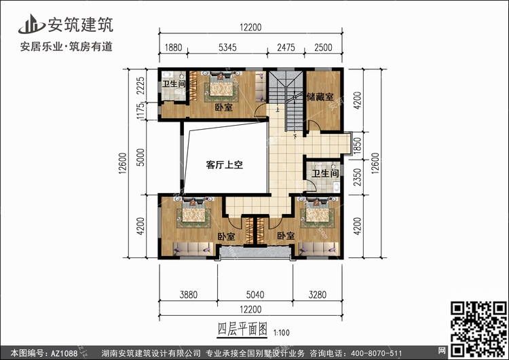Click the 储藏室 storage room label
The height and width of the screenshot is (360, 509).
pos(320,97)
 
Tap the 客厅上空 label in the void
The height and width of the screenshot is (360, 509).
pos(225,165)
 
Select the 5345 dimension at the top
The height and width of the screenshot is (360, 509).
pos(227,48)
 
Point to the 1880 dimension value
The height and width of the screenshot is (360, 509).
pos(173,48)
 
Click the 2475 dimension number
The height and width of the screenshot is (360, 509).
pos(286,48)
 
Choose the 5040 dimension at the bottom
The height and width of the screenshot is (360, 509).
pos(255,295)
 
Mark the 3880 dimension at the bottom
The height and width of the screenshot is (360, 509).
pos(189,295)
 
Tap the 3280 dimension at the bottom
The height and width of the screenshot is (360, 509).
pos(318,295)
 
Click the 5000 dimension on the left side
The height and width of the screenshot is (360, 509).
pos(140,158)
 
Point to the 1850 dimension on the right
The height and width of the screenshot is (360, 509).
pos(357,145)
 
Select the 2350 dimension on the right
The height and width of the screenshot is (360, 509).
pos(357,177)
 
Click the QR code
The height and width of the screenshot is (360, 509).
pos(478,328)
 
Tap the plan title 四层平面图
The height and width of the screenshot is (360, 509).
pos(242,329)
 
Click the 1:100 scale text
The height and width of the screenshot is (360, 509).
pos(282,333)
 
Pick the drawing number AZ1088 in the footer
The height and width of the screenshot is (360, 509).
pos(64,353)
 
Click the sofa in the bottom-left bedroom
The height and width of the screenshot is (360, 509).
pos(193,249)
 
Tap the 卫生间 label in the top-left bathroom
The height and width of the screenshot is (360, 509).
pos(174,84)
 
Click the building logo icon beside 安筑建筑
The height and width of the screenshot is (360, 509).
pos(31,24)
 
